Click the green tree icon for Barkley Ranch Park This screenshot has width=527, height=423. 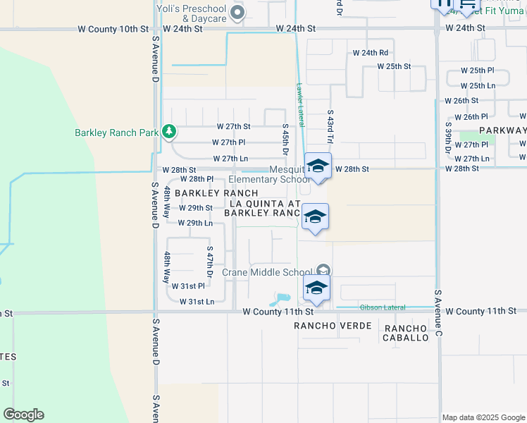(x=168, y=132)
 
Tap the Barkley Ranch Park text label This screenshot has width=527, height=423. (x=117, y=133)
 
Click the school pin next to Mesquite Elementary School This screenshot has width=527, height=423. (x=318, y=167)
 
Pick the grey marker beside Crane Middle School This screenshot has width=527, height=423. (x=323, y=270)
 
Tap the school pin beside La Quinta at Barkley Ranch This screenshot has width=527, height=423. (x=315, y=217)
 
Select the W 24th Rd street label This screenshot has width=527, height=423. (x=371, y=53)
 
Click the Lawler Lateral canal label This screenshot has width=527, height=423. (x=300, y=105)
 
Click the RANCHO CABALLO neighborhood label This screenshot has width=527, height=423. (x=406, y=333)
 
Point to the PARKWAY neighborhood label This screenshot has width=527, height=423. (x=502, y=130)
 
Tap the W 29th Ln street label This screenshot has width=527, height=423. (x=195, y=223)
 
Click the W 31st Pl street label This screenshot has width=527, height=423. (x=192, y=286)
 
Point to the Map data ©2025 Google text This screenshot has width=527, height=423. (x=482, y=417)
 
